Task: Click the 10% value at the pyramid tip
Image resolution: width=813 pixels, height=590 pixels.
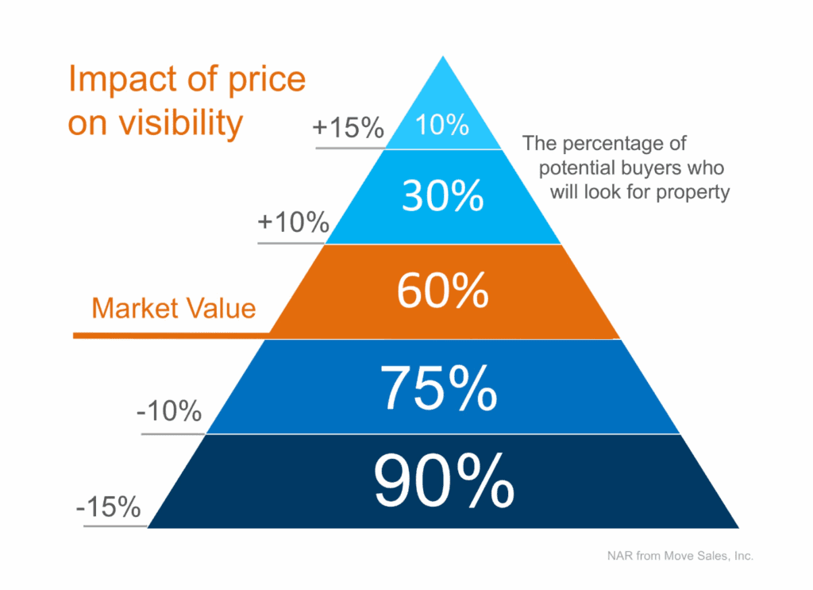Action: pos(443,125)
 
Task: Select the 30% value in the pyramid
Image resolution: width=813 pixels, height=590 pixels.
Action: pos(442,195)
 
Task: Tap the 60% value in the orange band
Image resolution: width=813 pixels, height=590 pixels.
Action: pos(442,291)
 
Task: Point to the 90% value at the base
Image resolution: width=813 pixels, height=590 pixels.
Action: pos(442,481)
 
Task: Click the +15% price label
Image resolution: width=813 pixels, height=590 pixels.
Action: pos(349,128)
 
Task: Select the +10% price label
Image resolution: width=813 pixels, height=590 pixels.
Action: pos(293,222)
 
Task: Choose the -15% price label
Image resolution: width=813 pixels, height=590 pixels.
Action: pos(109,506)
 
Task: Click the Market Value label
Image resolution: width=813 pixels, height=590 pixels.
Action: pos(174,307)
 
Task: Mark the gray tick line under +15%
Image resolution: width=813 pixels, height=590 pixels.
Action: pos(349,148)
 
